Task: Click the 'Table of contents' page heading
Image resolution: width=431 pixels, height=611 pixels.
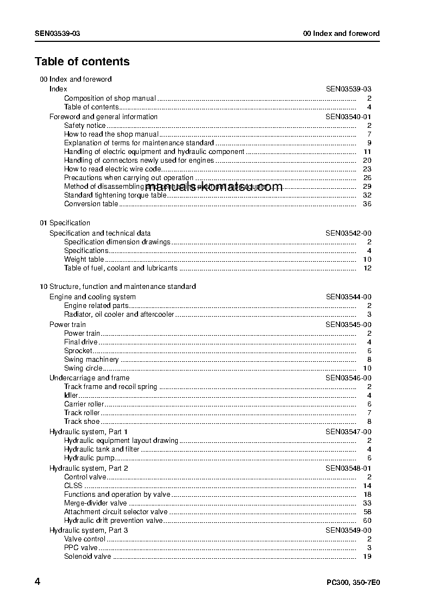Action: (x=82, y=61)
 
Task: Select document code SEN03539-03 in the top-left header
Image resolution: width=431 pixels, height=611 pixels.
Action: (x=57, y=33)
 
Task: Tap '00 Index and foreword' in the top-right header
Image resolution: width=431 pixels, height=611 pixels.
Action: (x=341, y=33)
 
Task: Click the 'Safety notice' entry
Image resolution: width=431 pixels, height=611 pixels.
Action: (x=85, y=126)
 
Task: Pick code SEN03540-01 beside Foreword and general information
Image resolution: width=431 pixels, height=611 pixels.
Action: (x=348, y=116)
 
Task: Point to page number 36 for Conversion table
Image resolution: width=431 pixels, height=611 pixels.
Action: (x=367, y=204)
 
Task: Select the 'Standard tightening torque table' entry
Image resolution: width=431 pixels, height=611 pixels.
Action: (x=115, y=195)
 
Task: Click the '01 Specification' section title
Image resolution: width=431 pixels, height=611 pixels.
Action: (x=65, y=223)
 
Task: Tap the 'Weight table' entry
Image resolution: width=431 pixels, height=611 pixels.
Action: (x=84, y=260)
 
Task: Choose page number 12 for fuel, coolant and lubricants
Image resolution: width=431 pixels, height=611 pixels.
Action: (x=367, y=268)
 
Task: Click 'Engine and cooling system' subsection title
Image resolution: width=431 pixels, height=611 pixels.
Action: (x=92, y=297)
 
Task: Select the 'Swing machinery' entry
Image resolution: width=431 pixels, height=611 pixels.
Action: (x=91, y=360)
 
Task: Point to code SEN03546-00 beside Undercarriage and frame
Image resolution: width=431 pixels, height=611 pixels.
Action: (x=348, y=378)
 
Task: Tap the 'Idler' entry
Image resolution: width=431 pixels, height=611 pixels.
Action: (x=71, y=396)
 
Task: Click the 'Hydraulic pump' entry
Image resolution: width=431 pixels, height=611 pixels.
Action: (x=89, y=458)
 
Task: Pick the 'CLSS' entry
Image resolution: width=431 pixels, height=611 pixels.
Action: (x=73, y=486)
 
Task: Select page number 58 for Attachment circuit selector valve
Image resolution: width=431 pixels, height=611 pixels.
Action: (x=367, y=512)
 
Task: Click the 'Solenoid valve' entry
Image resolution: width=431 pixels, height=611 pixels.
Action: (x=88, y=557)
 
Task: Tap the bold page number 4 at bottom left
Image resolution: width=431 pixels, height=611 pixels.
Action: (x=38, y=582)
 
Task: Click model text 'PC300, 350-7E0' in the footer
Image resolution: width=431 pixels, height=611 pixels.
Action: (x=353, y=583)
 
